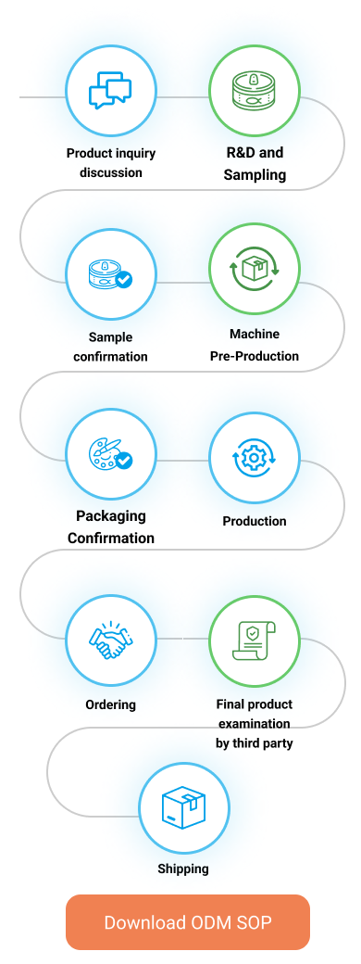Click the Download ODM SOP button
coord(188,922)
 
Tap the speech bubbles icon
coord(110,91)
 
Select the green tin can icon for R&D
coord(255,91)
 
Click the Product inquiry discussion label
coord(111,163)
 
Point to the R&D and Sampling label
coord(255,163)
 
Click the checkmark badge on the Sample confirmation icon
coord(125,280)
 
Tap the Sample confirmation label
coord(110,347)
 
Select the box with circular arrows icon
coord(255,270)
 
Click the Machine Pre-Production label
coord(255,345)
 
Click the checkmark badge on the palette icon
coord(125,460)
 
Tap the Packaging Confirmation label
coord(111,526)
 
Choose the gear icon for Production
coord(255,457)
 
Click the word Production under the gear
coord(255,521)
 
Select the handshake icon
coord(110,640)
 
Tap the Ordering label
coord(110,704)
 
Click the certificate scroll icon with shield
coord(255,640)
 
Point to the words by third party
coord(255,743)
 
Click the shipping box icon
coord(183,808)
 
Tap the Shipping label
coord(183,869)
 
